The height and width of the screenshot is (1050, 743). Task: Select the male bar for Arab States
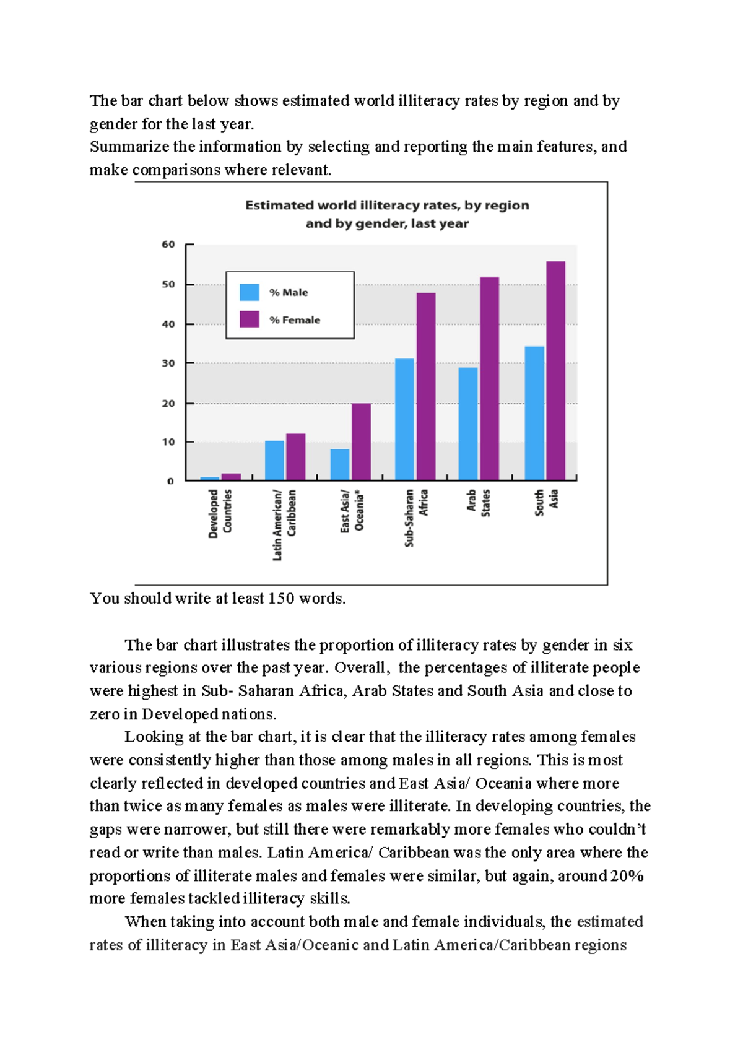coord(468,423)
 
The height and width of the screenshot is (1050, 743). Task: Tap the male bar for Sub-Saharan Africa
coord(404,419)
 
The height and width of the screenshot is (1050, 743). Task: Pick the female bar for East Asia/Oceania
coord(361,441)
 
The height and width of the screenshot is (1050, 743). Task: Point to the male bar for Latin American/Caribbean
coord(274,460)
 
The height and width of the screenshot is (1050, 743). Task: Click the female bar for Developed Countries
coord(231,477)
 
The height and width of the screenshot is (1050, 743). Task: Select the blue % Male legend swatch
coord(249,292)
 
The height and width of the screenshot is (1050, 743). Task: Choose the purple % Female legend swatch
coord(249,319)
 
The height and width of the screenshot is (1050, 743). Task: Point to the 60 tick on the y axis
coord(168,245)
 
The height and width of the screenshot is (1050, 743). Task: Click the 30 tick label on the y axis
coord(168,363)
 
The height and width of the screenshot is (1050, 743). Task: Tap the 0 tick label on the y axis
coord(171,481)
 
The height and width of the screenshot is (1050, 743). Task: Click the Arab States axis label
coord(478,503)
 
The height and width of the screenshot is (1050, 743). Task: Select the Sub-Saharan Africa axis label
coord(416,518)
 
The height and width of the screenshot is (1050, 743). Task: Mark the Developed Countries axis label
coord(220,513)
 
